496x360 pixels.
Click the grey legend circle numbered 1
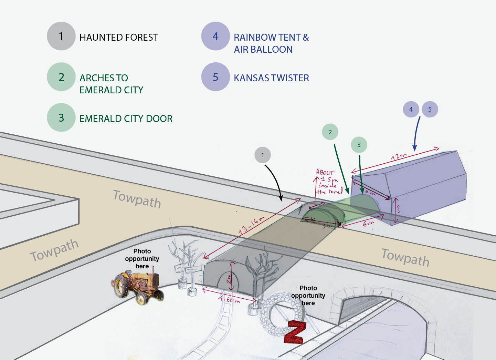[x=61, y=36]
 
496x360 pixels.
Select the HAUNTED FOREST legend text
[x=119, y=37]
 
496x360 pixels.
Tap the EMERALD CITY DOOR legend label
[x=126, y=119]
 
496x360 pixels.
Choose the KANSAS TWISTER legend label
[x=271, y=78]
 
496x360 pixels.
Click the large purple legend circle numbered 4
[x=215, y=36]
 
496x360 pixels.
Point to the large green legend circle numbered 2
[x=61, y=77]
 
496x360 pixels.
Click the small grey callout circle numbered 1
[x=263, y=155]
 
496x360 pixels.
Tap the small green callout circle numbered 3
[x=359, y=145]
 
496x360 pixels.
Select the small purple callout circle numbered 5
[x=430, y=109]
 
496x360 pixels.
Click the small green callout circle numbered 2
[x=330, y=132]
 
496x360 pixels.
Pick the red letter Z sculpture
[x=294, y=332]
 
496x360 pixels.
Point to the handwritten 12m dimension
[x=399, y=156]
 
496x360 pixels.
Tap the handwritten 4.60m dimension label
[x=229, y=299]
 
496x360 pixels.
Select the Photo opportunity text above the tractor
[x=142, y=258]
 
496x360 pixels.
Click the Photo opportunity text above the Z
[x=308, y=295]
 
